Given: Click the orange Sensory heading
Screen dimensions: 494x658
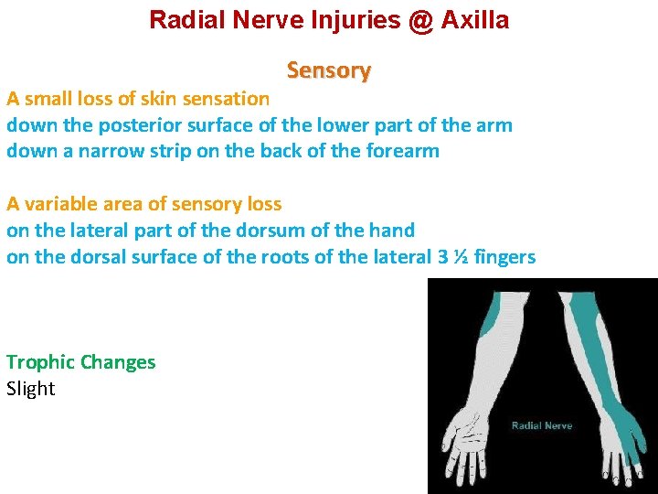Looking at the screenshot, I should click(x=328, y=70).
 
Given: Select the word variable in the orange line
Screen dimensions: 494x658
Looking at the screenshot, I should click(x=60, y=204).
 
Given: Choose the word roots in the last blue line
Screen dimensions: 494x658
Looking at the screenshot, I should click(x=266, y=257).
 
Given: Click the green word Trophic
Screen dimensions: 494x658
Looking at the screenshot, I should click(x=41, y=362).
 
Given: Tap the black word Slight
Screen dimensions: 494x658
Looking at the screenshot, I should click(x=31, y=389).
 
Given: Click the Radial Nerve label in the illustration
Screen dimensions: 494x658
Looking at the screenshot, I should click(x=542, y=425).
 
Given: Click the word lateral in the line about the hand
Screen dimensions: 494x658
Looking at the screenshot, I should click(x=89, y=231).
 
